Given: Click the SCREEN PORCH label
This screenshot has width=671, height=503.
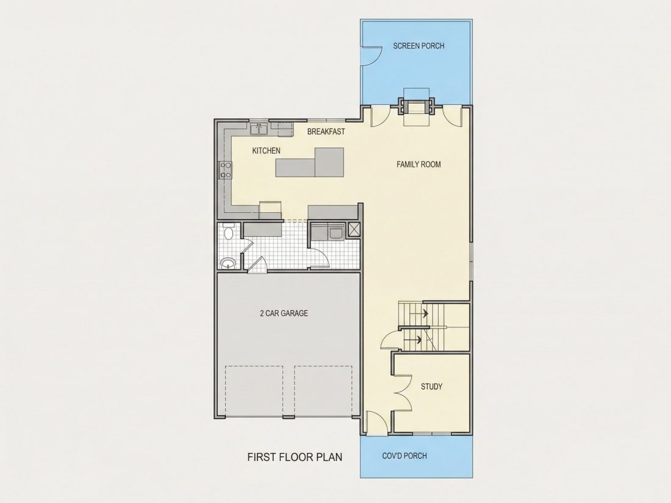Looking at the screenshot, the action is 418,46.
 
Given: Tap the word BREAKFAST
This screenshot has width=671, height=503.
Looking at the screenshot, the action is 326,132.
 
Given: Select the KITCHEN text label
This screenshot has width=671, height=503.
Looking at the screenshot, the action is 266,151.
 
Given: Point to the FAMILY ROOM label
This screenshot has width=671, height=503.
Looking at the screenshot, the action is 418,164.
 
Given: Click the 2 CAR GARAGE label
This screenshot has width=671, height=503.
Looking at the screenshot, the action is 284,313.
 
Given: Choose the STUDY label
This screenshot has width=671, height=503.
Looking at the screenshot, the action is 431,387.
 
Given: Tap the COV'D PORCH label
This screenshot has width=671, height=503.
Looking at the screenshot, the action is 404,455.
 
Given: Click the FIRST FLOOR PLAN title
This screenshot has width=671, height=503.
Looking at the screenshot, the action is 295,457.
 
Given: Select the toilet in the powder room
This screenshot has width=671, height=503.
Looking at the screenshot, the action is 228,232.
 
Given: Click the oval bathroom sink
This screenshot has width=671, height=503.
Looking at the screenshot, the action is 228,263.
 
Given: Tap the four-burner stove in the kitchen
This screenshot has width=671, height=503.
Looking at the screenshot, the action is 226,169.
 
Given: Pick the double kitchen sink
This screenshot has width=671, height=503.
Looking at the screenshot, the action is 259,129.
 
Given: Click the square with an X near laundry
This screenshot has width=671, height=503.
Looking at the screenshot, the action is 354,230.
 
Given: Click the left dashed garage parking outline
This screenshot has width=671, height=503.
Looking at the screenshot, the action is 254,390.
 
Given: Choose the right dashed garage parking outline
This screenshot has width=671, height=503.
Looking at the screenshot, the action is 323,390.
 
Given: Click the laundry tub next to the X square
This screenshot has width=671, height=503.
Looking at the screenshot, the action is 335,233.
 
